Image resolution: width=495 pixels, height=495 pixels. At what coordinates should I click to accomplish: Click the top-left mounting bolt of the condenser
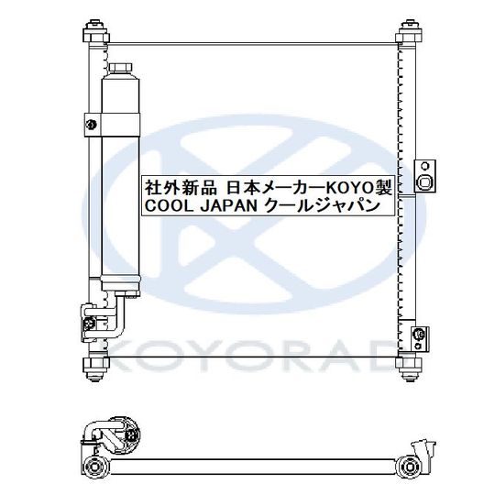pyautogui.click(x=92, y=31)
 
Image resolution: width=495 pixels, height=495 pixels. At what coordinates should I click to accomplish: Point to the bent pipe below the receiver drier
pyautogui.click(x=115, y=316)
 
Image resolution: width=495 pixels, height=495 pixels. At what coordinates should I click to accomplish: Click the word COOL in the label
pyautogui.click(x=166, y=207)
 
